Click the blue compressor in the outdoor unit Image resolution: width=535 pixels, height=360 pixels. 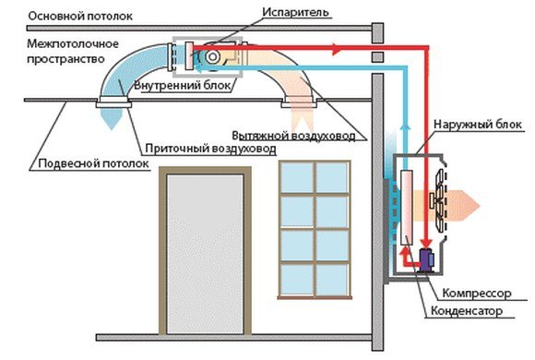[427, 259]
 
